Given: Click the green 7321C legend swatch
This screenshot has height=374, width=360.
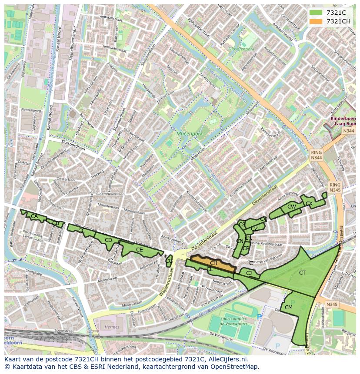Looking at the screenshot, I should pos(316,13).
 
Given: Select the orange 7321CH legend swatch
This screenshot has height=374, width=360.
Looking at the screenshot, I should pos(316,21).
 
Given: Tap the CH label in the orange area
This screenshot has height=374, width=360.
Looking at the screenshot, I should pos(213,263).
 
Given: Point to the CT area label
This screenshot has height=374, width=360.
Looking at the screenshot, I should pos(302,273).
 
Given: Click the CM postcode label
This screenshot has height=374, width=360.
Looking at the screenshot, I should pos(288,308).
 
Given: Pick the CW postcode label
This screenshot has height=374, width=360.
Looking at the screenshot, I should pos(291,207).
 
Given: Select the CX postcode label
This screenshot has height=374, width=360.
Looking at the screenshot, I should pos(309,203).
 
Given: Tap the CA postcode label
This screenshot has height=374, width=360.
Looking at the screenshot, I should pos(34,216).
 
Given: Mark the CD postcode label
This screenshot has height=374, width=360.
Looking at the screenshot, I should pos(108,240).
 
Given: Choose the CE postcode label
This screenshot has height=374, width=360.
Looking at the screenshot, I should pos(139,250).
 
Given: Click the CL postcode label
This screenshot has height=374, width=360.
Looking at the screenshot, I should pos(210,270).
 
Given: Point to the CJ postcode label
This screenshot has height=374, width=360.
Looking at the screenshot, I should pos(249,273).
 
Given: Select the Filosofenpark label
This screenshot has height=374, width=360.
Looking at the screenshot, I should pos(241,50).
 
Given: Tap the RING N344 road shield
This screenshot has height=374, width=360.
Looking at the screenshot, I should pos(316,156).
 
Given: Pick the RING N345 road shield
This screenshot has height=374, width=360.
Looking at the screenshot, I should pos(335,187).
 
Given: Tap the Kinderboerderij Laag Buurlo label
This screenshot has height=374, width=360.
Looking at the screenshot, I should pos(343,121).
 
